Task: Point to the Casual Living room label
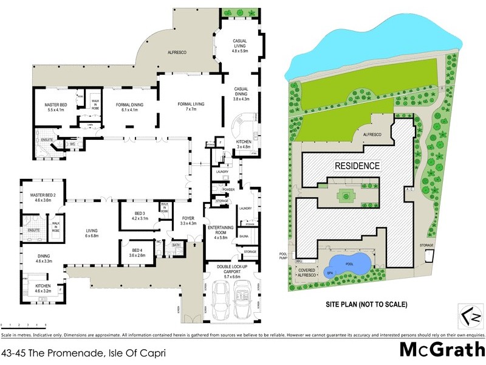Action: point(240,44)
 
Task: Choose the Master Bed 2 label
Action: point(43,198)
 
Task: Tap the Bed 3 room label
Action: point(139,215)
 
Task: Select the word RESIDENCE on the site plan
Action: point(357,165)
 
